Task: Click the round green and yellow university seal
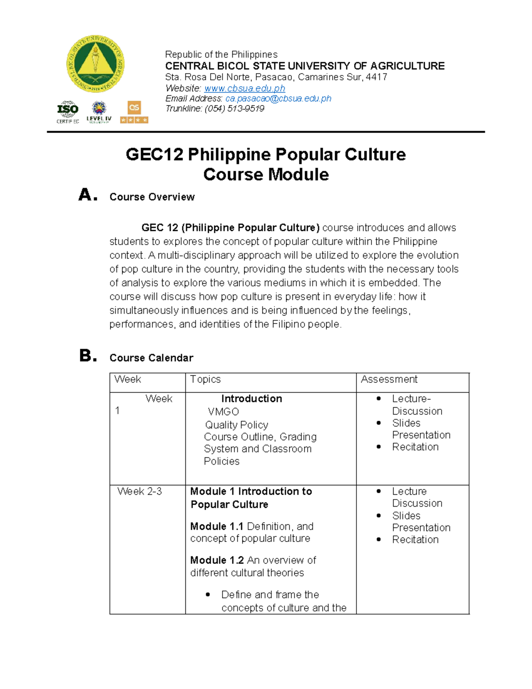(95, 64)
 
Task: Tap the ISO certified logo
(68, 112)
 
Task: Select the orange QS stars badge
(134, 112)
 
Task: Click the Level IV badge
(99, 112)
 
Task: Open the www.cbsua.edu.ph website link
(244, 88)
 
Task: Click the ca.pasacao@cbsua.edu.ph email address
(278, 98)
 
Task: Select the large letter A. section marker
(87, 195)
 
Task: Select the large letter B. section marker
(88, 356)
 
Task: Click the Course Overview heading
(152, 197)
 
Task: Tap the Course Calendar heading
(151, 358)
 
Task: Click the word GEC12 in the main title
(154, 155)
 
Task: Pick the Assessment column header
(389, 379)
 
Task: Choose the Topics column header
(205, 379)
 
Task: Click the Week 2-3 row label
(140, 492)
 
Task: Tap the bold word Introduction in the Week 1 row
(251, 399)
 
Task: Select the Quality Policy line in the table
(236, 425)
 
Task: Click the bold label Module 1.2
(217, 560)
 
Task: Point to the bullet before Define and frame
(208, 595)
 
